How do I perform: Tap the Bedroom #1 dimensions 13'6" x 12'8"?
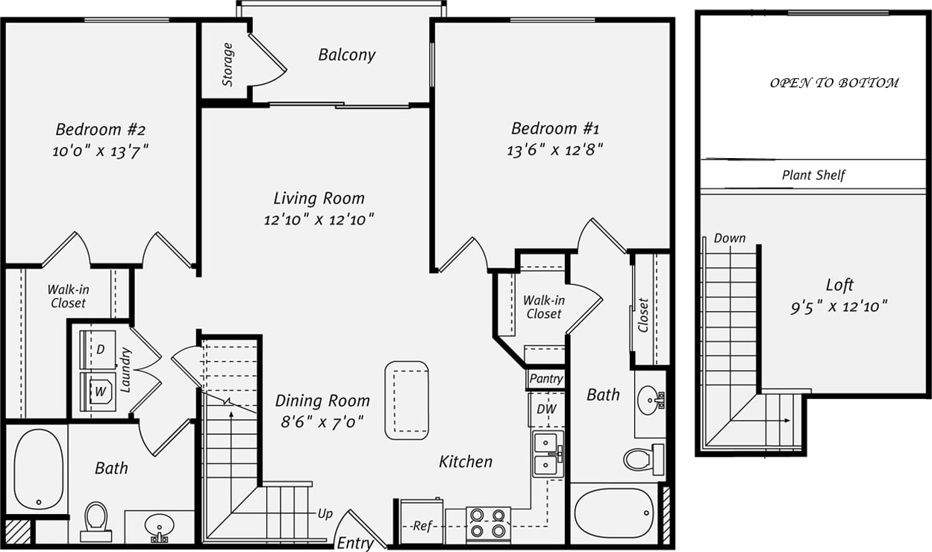tap(554, 150)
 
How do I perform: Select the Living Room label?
tap(319, 198)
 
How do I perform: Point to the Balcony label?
tap(346, 54)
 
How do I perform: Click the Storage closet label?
tap(228, 64)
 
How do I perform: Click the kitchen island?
tap(407, 400)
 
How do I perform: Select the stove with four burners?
tap(488, 524)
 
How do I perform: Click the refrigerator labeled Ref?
tap(422, 525)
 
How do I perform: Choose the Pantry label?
tap(545, 379)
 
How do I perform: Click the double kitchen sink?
tap(548, 454)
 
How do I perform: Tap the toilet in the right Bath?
tap(640, 459)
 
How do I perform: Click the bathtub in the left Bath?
tap(38, 469)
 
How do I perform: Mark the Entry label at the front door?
tap(354, 542)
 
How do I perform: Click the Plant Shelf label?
tap(813, 176)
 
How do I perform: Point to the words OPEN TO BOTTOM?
tap(834, 83)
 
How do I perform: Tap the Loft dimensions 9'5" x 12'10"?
tap(839, 307)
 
